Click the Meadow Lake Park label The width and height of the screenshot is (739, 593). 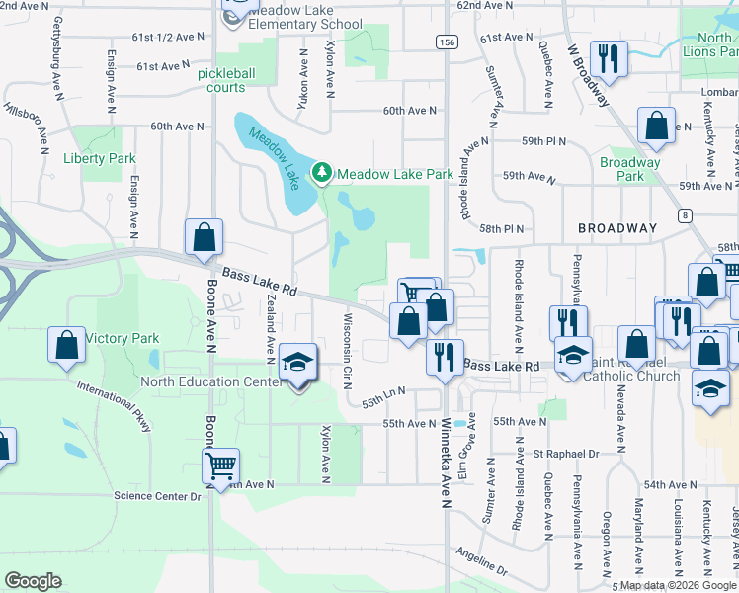coord(394,174)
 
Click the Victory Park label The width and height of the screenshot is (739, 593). coord(123,338)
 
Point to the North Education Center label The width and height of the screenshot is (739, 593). coord(209,381)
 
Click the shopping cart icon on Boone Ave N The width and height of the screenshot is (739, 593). coord(221,466)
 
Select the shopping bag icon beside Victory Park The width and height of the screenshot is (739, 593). coord(66,345)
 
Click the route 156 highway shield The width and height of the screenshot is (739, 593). coord(447,42)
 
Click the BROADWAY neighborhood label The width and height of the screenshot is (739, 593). coord(617,228)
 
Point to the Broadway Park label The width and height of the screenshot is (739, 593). coord(629,169)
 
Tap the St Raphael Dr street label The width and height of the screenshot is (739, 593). coord(566,454)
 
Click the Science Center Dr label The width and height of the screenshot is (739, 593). coord(157,495)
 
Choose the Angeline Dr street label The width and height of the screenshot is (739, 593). coord(480,563)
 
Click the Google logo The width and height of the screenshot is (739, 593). coord(33,580)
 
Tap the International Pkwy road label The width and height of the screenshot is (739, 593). coord(116,407)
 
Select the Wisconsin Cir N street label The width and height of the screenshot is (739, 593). coord(347,352)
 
